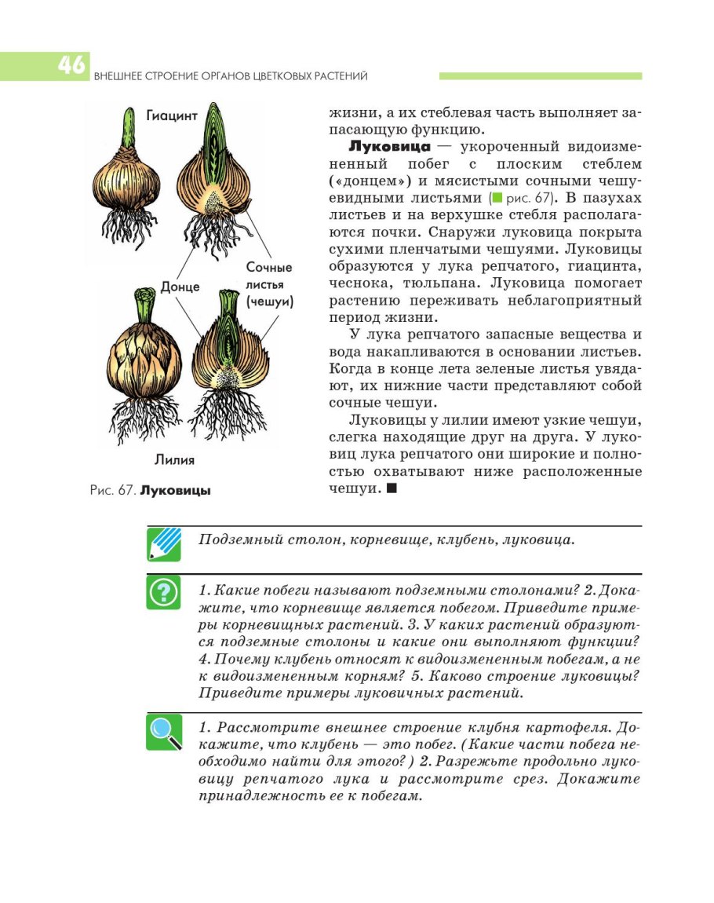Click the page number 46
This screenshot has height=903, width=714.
point(71,65)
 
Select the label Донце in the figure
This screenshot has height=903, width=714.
point(180,287)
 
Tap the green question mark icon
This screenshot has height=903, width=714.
point(164,593)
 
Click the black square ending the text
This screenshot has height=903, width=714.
point(392,488)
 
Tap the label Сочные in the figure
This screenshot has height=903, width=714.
point(269,268)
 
